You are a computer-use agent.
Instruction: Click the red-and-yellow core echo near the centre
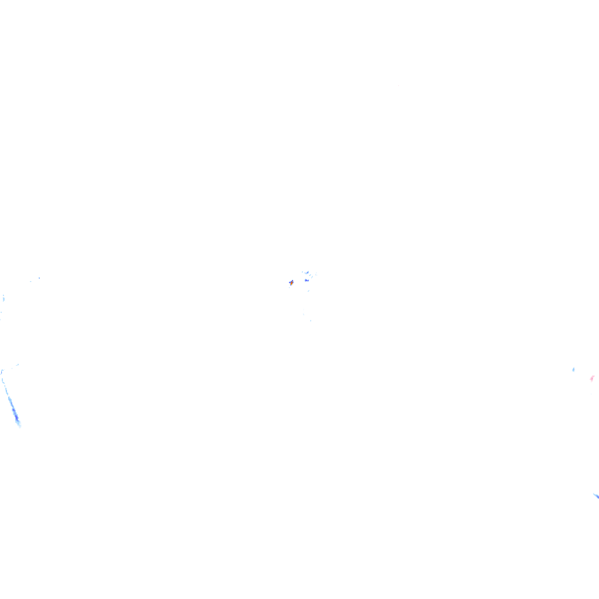pyautogui.click(x=291, y=283)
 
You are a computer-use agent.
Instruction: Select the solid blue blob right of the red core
pyautogui.click(x=306, y=280)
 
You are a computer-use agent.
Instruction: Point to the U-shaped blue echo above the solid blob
pyautogui.click(x=307, y=273)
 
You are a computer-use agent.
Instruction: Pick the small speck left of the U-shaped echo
pyautogui.click(x=302, y=271)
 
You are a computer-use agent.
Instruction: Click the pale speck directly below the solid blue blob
pyautogui.click(x=308, y=290)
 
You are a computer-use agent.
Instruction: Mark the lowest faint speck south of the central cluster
pyautogui.click(x=311, y=320)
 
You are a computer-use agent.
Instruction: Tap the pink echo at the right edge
pyautogui.click(x=592, y=378)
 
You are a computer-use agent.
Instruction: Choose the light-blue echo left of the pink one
pyautogui.click(x=573, y=369)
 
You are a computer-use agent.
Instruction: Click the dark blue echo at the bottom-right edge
pyautogui.click(x=595, y=496)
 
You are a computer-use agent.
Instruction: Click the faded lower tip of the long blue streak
pyautogui.click(x=19, y=425)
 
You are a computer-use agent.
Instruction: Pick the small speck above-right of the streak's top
pyautogui.click(x=16, y=365)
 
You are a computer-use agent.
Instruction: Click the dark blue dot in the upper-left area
pyautogui.click(x=39, y=278)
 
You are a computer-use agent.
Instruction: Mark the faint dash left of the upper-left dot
pyautogui.click(x=30, y=281)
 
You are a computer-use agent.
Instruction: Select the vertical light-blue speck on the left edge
pyautogui.click(x=4, y=298)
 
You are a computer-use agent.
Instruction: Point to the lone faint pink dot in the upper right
pyautogui.click(x=398, y=86)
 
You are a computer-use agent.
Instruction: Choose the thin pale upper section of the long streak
pyautogui.click(x=6, y=389)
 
